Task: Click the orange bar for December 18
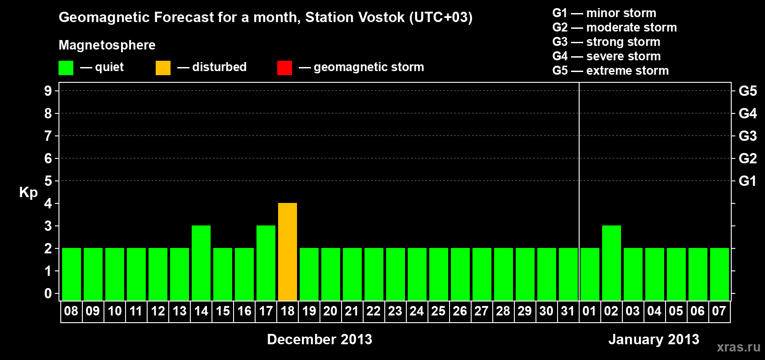(x=288, y=252)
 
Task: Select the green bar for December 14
(x=201, y=263)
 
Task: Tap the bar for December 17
(x=266, y=263)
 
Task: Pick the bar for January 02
(x=612, y=263)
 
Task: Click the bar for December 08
(x=72, y=274)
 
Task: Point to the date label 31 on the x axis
(x=567, y=311)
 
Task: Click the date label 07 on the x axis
(x=719, y=311)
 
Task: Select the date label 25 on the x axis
(x=438, y=311)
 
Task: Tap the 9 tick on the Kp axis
(x=48, y=91)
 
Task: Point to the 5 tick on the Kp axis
(x=48, y=181)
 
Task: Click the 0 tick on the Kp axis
(x=48, y=293)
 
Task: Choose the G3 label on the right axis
(x=748, y=136)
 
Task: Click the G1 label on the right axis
(x=748, y=181)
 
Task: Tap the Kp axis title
(x=28, y=193)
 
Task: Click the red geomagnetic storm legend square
(x=285, y=67)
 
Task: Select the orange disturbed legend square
(x=163, y=67)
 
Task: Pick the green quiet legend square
(x=66, y=67)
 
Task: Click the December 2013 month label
(x=319, y=339)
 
